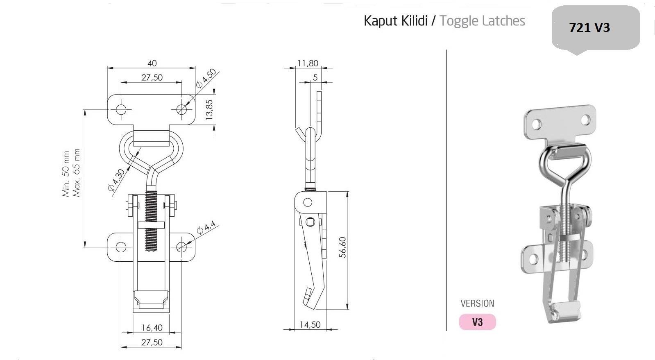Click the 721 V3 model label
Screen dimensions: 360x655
point(589,28)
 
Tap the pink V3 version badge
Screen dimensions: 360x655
point(477,322)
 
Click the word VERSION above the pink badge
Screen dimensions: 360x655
point(477,303)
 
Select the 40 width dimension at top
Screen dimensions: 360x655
point(152,63)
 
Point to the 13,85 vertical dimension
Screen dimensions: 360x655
point(210,109)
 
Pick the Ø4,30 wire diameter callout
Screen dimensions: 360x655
point(116,180)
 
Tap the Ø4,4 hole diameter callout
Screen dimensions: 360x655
point(206,228)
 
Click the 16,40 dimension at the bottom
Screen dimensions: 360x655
point(152,328)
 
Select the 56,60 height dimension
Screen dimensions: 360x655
point(343,247)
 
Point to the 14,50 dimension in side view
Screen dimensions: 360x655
point(310,325)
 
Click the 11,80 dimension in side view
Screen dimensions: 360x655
point(308,63)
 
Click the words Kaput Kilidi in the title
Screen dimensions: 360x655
point(395,21)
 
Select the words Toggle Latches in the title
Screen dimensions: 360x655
point(482,21)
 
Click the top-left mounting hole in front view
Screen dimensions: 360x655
point(121,109)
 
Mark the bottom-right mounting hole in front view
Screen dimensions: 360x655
point(181,247)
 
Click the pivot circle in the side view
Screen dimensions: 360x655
point(307,202)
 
